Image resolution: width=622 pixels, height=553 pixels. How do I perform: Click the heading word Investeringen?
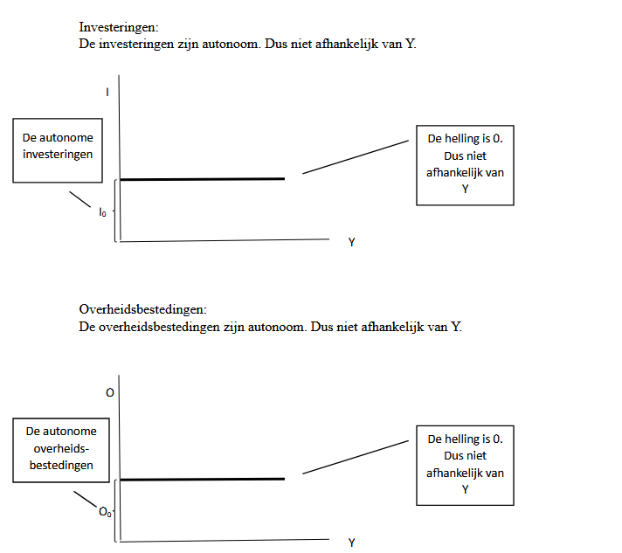coord(118,28)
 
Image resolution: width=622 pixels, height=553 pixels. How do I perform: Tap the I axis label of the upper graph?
coord(107,90)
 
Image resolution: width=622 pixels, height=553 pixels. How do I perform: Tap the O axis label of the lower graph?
coord(109,393)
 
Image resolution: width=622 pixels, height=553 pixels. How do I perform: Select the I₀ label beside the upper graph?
coord(102,211)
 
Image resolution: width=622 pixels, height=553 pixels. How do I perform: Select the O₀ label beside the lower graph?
coord(105,513)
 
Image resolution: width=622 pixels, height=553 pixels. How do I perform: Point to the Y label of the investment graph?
coord(351,242)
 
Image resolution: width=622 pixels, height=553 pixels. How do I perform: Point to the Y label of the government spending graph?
coord(351,543)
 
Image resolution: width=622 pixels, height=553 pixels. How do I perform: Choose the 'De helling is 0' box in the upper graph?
coord(465,165)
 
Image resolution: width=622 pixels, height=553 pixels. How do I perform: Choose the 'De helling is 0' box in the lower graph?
coord(465,464)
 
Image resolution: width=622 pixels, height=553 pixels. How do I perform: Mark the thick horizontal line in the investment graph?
coord(202,179)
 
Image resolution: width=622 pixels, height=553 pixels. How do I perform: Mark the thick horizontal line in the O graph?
coord(202,479)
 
